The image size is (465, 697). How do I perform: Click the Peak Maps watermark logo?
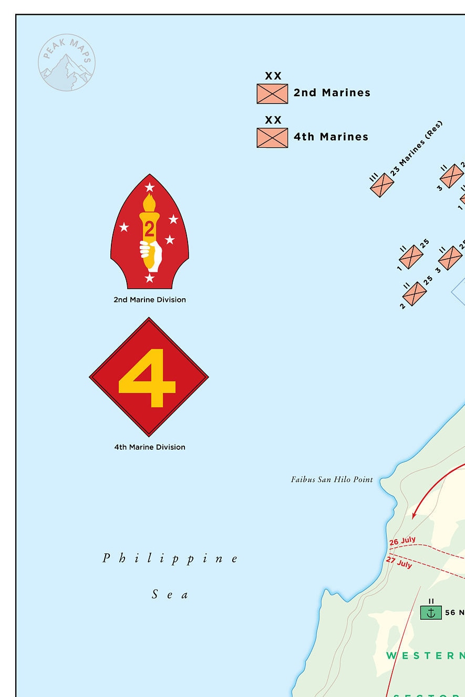pos(67,63)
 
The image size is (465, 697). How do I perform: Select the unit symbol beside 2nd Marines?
pos(272,94)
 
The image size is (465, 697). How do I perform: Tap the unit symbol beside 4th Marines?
pos(272,138)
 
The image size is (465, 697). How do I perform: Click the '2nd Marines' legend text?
pos(332,93)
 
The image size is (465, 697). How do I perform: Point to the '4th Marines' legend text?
pos(331,137)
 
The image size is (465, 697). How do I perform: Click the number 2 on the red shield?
pos(149,229)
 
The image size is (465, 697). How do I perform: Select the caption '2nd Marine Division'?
pos(150,300)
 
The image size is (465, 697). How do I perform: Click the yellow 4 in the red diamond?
pos(148,378)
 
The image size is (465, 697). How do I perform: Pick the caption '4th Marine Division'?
pos(150,447)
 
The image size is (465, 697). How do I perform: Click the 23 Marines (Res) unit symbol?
pos(382,185)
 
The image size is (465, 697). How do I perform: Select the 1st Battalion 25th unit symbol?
pos(411,257)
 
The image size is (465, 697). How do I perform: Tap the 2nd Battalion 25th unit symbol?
pos(415,294)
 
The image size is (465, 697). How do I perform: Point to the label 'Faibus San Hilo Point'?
pos(332,480)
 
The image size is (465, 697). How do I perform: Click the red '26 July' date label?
pos(402,541)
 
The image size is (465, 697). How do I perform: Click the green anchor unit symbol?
pos(431,612)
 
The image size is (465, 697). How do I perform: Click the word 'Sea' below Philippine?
pos(170,595)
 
